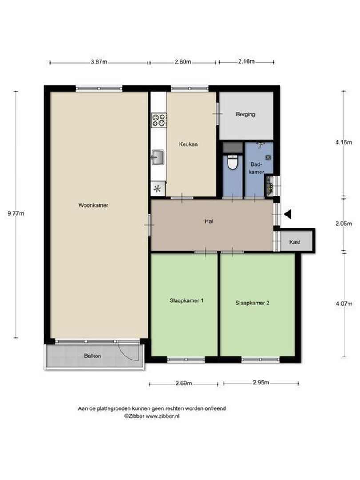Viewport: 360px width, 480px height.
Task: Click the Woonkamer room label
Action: [x=93, y=205]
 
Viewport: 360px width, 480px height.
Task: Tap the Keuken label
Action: [x=188, y=144]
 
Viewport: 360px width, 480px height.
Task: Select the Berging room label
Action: [x=245, y=115]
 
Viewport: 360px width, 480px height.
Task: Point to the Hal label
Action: [x=209, y=221]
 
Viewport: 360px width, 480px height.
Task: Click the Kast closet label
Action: [x=295, y=242]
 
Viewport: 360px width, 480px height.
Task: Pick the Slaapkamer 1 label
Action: [x=186, y=300]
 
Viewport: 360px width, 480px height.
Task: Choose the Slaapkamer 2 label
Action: [x=252, y=303]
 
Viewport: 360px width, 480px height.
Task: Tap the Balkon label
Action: [x=92, y=356]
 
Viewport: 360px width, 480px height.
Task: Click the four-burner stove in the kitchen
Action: [x=159, y=120]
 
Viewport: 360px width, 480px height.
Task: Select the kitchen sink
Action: [x=158, y=157]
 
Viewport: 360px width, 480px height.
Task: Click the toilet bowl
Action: [x=232, y=162]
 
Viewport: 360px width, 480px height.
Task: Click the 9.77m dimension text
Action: [x=16, y=213]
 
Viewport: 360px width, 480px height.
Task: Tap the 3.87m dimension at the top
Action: [x=99, y=62]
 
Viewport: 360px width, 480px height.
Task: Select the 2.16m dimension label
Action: [x=246, y=61]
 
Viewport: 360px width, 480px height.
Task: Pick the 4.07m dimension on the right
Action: [x=344, y=304]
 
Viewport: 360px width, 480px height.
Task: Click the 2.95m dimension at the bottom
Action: [x=261, y=382]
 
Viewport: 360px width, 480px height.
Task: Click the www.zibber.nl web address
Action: [x=163, y=416]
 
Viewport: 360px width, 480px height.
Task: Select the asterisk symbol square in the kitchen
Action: [x=158, y=188]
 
